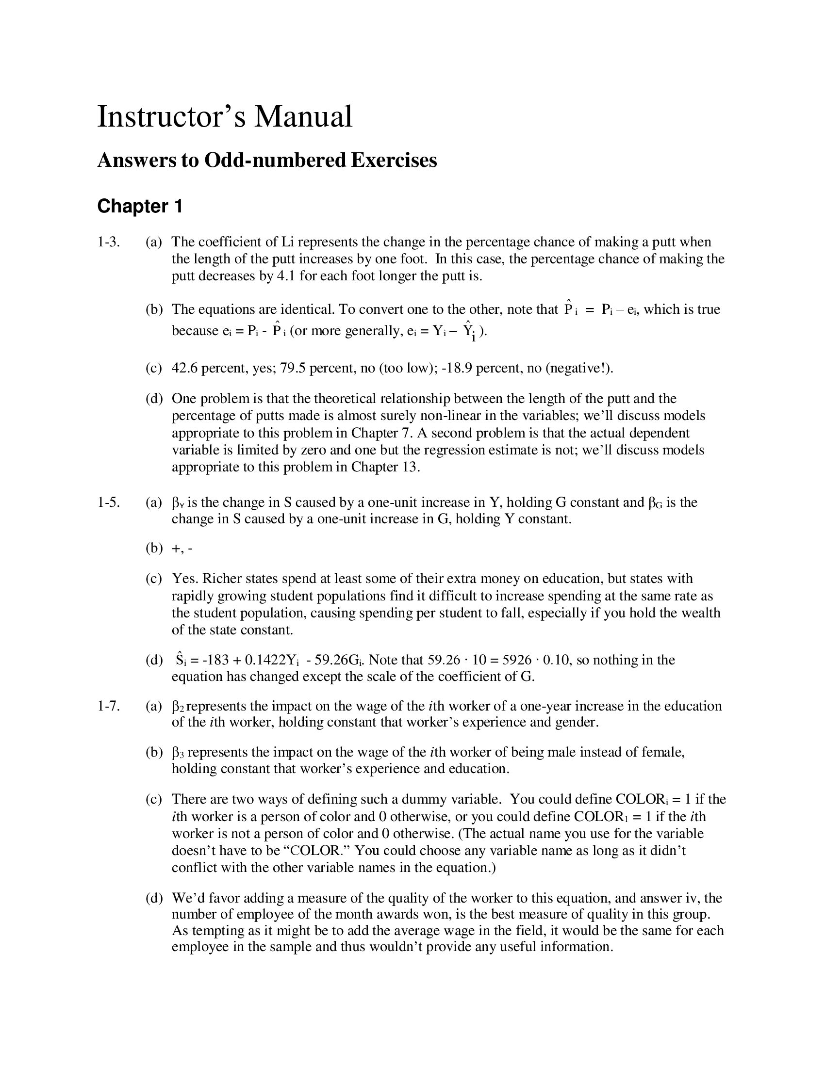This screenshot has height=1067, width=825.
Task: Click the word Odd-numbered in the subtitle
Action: click(x=274, y=160)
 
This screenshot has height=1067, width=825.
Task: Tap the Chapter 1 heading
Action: click(x=140, y=206)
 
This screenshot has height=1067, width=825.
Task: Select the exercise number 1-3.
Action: click(x=108, y=242)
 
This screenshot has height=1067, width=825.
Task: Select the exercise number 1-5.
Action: click(x=108, y=502)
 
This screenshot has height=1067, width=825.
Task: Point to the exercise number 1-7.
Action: click(x=108, y=706)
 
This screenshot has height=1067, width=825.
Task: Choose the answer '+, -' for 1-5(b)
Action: click(x=182, y=548)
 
